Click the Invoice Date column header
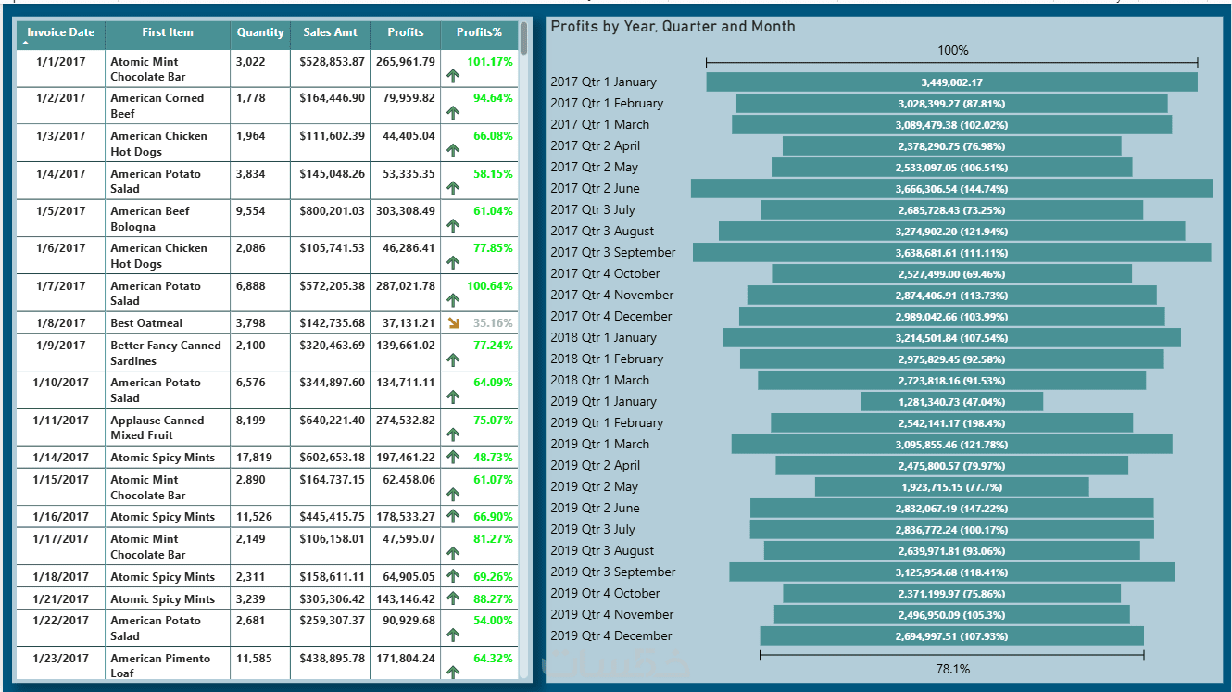[60, 32]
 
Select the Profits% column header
[479, 32]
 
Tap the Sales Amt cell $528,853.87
[332, 62]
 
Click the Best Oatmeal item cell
[146, 323]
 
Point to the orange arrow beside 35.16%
[453, 323]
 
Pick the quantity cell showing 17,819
[253, 458]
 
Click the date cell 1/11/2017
[60, 421]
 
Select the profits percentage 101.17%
[489, 62]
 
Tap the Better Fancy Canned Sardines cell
[165, 353]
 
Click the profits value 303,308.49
[405, 211]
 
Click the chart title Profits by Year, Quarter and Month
[673, 27]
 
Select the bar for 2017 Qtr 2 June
[951, 189]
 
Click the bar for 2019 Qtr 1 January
[951, 402]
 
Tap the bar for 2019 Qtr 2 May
[951, 487]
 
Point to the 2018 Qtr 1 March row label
[599, 381]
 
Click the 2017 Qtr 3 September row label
[612, 253]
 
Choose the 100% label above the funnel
[952, 50]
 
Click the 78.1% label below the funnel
[952, 669]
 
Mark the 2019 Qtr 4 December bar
[951, 636]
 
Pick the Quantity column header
[260, 32]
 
